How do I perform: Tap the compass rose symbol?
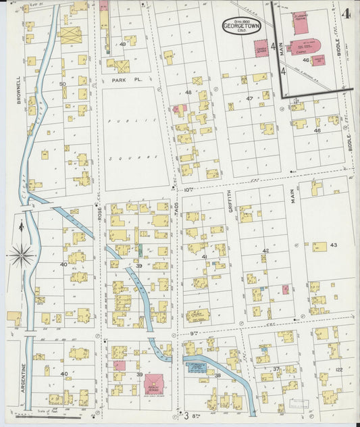point(22,255)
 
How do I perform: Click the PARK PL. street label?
point(124,80)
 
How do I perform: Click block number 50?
point(62,84)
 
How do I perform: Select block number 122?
point(338,370)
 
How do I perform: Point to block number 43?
point(333,244)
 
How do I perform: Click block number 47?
point(249,99)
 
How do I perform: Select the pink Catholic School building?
point(261,48)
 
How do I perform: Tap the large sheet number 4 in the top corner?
point(346,14)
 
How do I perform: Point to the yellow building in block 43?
point(319,247)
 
